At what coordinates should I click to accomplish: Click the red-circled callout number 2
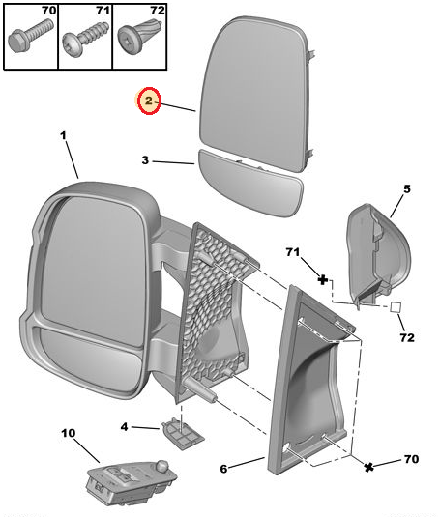(x=148, y=101)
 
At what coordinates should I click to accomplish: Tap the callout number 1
(x=65, y=138)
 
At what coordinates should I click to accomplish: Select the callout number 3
(x=145, y=160)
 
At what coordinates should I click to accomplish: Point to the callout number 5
(x=406, y=188)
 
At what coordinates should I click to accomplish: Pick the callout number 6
(x=223, y=469)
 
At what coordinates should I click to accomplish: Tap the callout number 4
(x=124, y=425)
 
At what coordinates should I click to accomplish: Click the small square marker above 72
(x=395, y=308)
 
